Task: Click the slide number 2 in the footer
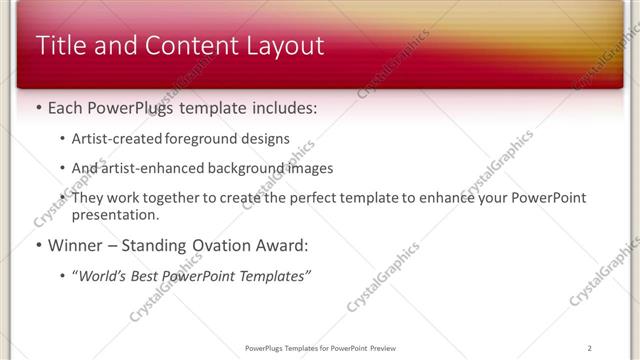(590, 348)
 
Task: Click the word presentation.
(115, 214)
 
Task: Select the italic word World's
(104, 276)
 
